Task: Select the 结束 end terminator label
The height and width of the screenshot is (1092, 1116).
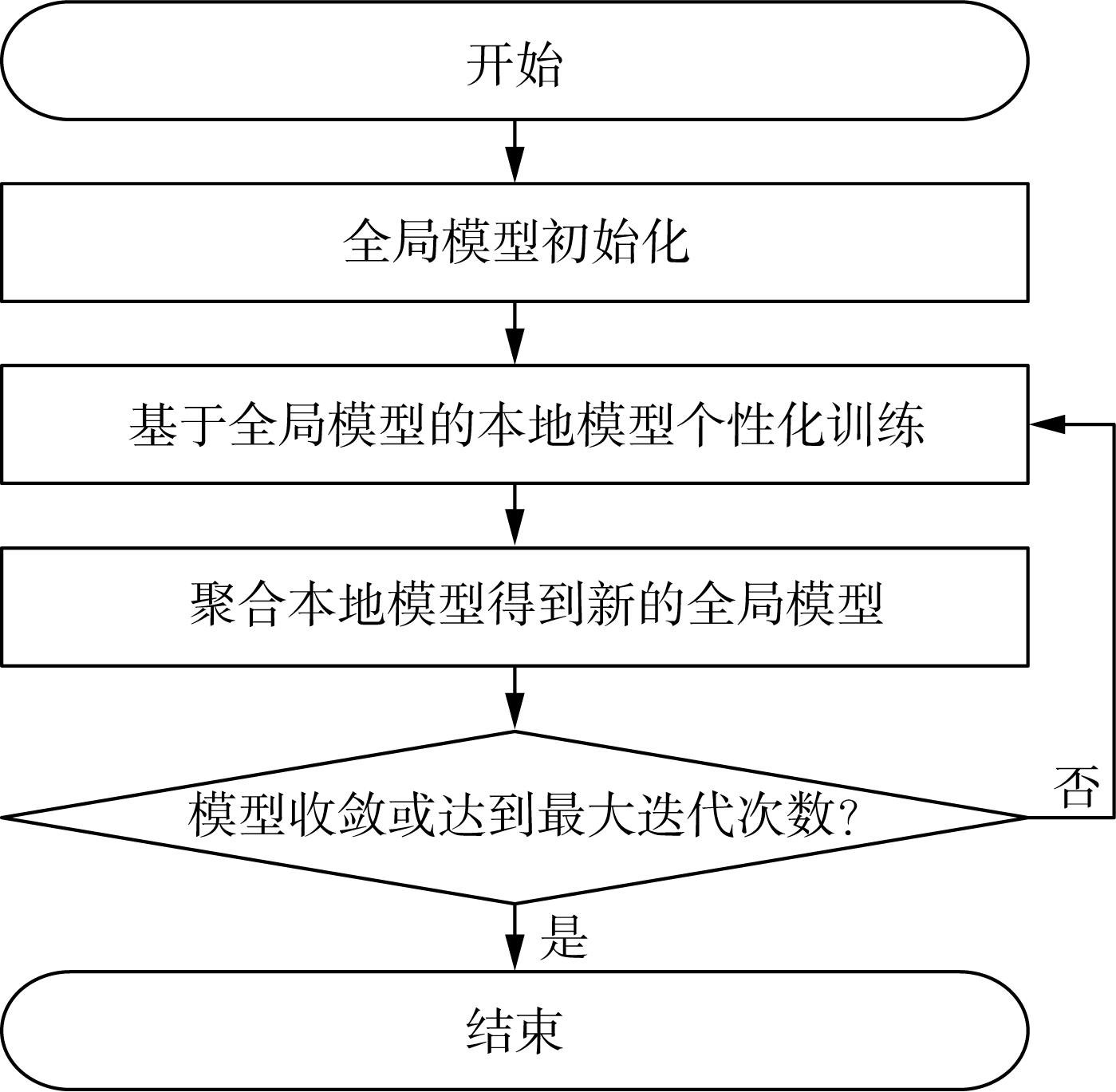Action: pos(515,1031)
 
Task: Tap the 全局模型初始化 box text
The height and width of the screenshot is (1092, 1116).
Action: pos(516,242)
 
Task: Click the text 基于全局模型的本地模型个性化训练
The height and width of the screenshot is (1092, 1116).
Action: pos(526,425)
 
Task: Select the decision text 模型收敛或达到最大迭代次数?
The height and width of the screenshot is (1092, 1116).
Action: pos(522,814)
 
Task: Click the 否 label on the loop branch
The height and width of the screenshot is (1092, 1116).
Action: pos(1076,786)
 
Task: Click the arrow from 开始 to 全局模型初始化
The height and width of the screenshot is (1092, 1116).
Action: pos(515,152)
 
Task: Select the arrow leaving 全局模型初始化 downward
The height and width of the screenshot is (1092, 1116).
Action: pos(515,333)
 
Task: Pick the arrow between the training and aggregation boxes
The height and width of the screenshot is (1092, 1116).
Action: pos(515,514)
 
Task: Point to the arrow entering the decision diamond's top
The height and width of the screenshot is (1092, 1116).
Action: pos(515,698)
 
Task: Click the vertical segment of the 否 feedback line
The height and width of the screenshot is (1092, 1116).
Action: pos(1114,621)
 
